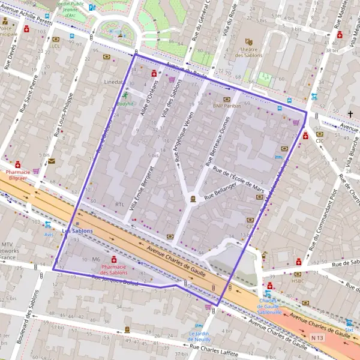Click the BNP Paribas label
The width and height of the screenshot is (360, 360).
click(226, 106)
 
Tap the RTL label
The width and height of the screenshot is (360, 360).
click(119, 205)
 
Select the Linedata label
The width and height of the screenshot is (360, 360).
click(113, 81)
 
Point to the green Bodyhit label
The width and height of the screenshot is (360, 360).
click(125, 103)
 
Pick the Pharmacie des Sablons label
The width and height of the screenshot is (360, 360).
click(113, 270)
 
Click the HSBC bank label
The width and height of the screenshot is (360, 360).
click(298, 281)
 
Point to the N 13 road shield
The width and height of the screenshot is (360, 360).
click(317, 338)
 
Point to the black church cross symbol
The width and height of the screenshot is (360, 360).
click(350, 113)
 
